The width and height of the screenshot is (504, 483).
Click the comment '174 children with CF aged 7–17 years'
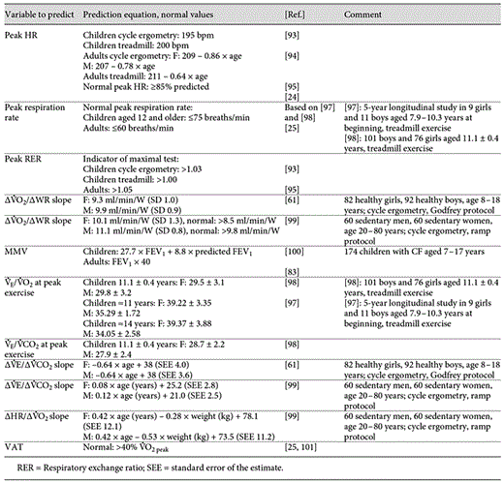(x=404, y=252)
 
